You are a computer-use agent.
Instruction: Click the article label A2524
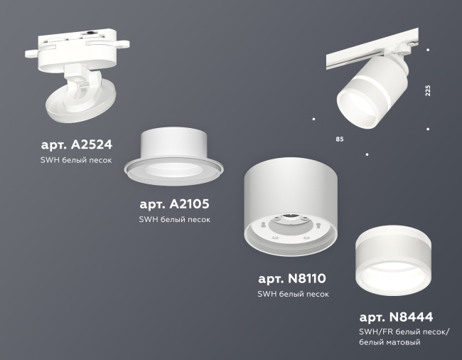77,144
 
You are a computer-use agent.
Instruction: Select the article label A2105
175,203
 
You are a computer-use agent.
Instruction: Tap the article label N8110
293,277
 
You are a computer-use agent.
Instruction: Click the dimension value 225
428,91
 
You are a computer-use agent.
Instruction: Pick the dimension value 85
339,139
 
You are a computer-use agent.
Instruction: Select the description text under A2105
175,221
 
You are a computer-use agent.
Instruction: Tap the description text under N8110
293,294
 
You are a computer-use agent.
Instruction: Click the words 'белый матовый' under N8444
390,343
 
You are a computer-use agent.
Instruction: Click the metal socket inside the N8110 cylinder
292,221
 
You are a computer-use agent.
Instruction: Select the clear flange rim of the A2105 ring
173,170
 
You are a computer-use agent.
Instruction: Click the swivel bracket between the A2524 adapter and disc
80,76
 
